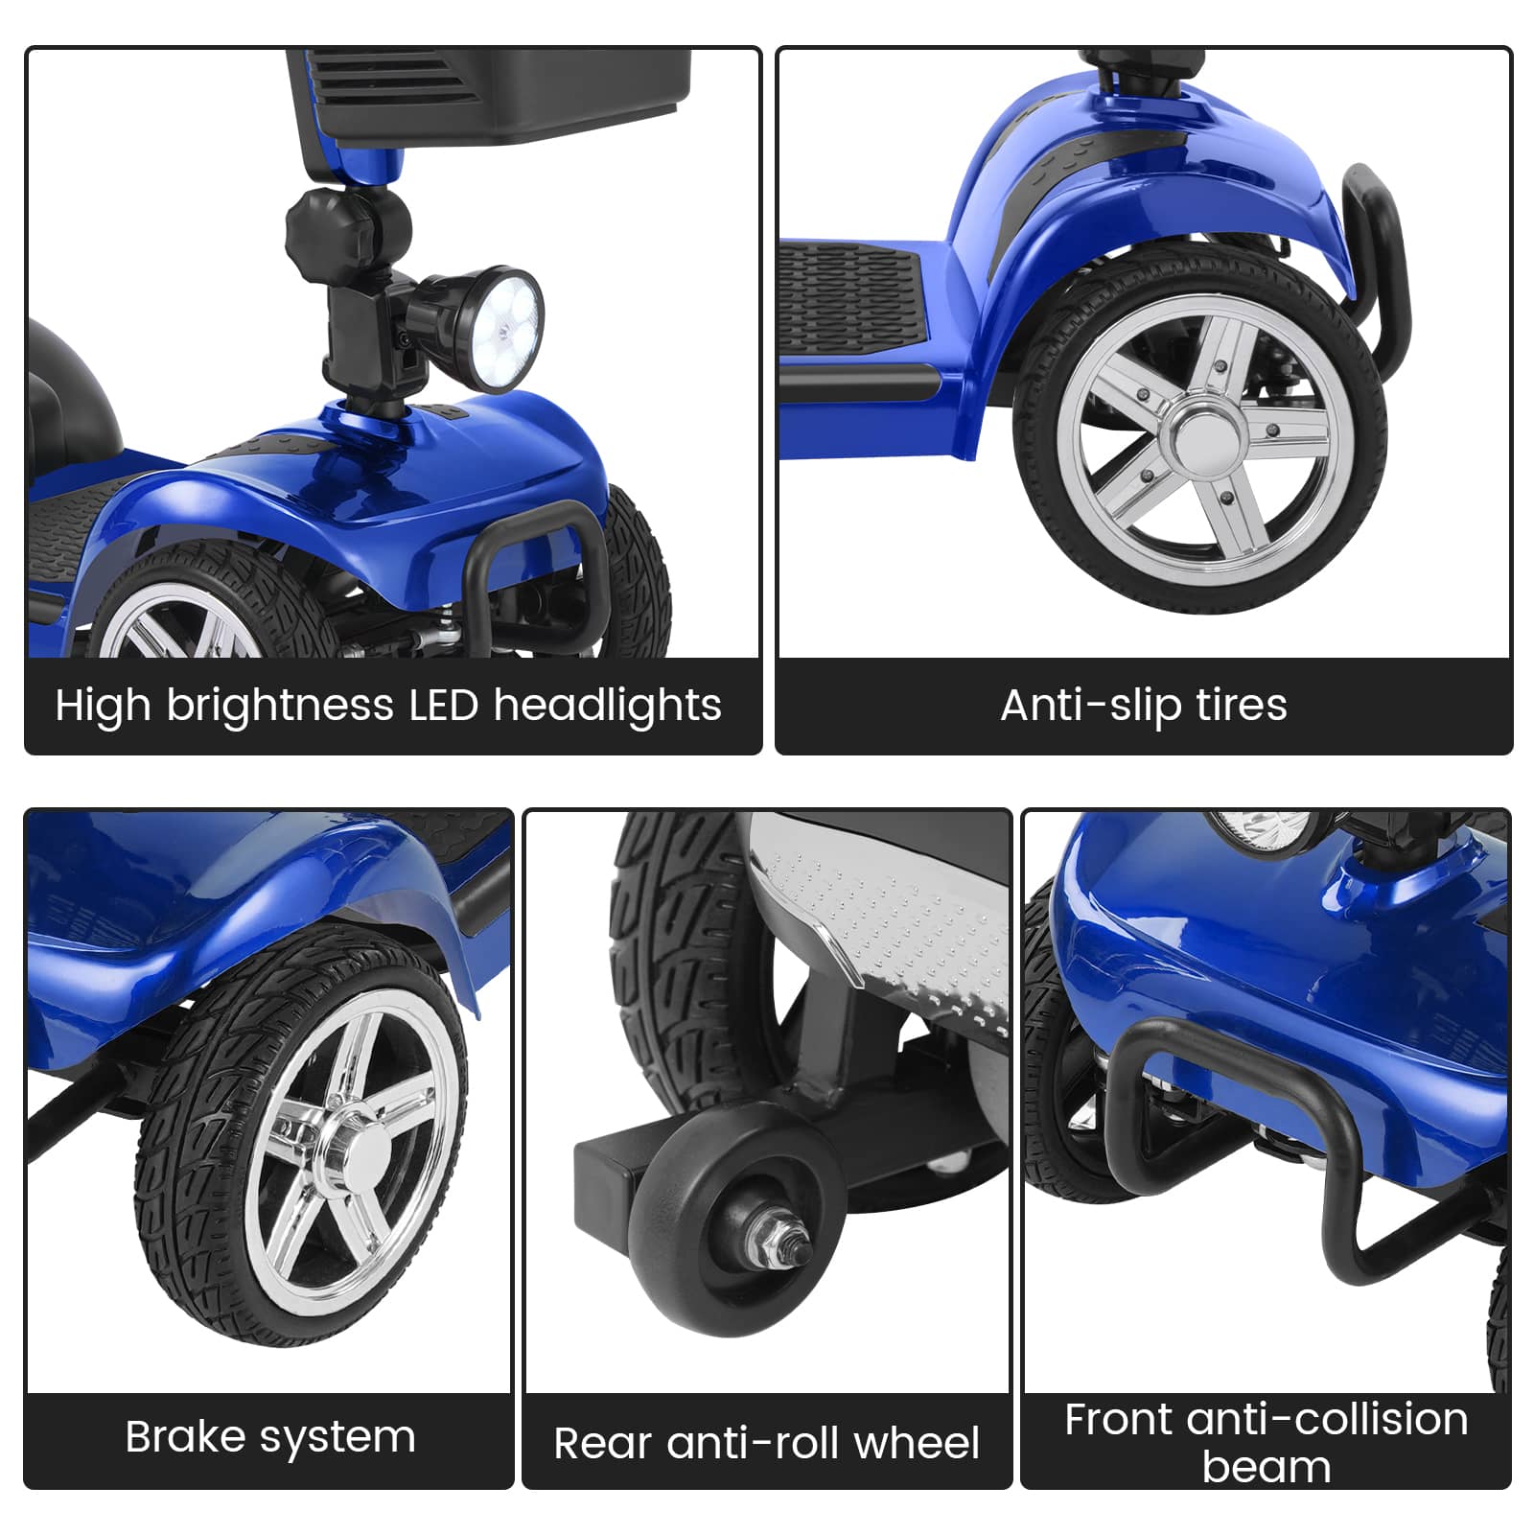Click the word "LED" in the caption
coord(443,706)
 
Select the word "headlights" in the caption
coord(607,707)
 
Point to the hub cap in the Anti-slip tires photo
coord(1198,434)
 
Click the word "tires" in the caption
coord(1241,706)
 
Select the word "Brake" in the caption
coord(185,1436)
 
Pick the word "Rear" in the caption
coord(602,1444)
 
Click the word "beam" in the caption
coord(1267,1467)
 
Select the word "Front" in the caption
coord(1118,1420)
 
